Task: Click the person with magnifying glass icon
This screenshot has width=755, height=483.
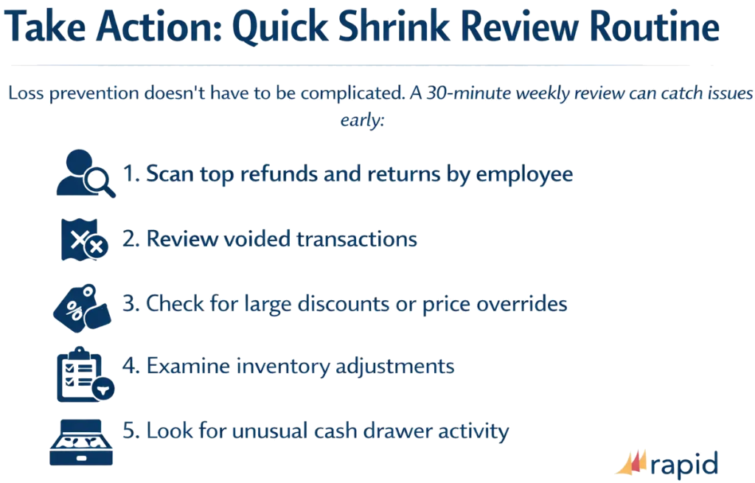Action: (86, 174)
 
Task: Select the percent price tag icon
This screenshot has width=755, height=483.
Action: (82, 305)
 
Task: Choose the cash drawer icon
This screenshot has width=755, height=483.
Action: (82, 439)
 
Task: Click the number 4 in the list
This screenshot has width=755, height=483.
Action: (128, 366)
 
